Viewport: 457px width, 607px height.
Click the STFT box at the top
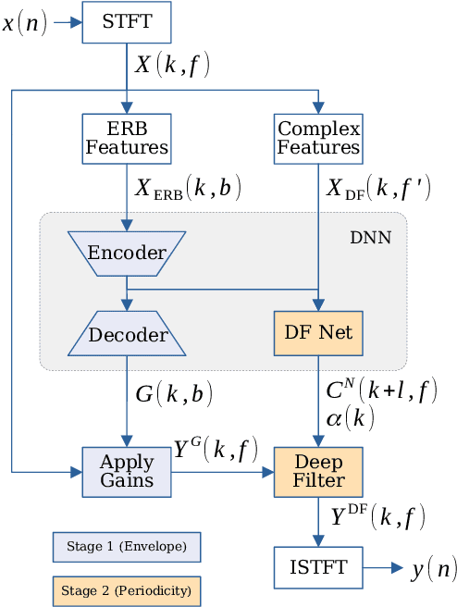coord(126,21)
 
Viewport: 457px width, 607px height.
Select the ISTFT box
coord(318,568)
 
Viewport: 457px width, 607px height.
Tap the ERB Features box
coord(126,138)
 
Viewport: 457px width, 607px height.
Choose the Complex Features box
coord(318,138)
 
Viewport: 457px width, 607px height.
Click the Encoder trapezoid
coord(126,253)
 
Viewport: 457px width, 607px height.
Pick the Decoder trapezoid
coord(126,334)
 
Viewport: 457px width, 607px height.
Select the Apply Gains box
coord(126,471)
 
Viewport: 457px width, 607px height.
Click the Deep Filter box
coord(318,471)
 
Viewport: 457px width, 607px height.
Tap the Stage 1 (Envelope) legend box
coord(126,547)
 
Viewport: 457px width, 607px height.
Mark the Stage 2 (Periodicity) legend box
coord(126,589)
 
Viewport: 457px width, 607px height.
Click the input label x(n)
coord(25,22)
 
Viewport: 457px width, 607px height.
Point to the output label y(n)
coord(433,568)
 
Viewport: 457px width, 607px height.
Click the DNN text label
coord(370,238)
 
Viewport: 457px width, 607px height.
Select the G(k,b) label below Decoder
coord(174,394)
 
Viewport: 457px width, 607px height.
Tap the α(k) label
coord(350,418)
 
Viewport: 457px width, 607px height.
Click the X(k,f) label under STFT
coord(174,66)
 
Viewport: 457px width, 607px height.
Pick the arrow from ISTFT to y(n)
coord(383,568)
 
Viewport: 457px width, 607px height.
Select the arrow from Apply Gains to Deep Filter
coord(222,471)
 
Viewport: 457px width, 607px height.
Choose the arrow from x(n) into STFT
coord(67,22)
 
